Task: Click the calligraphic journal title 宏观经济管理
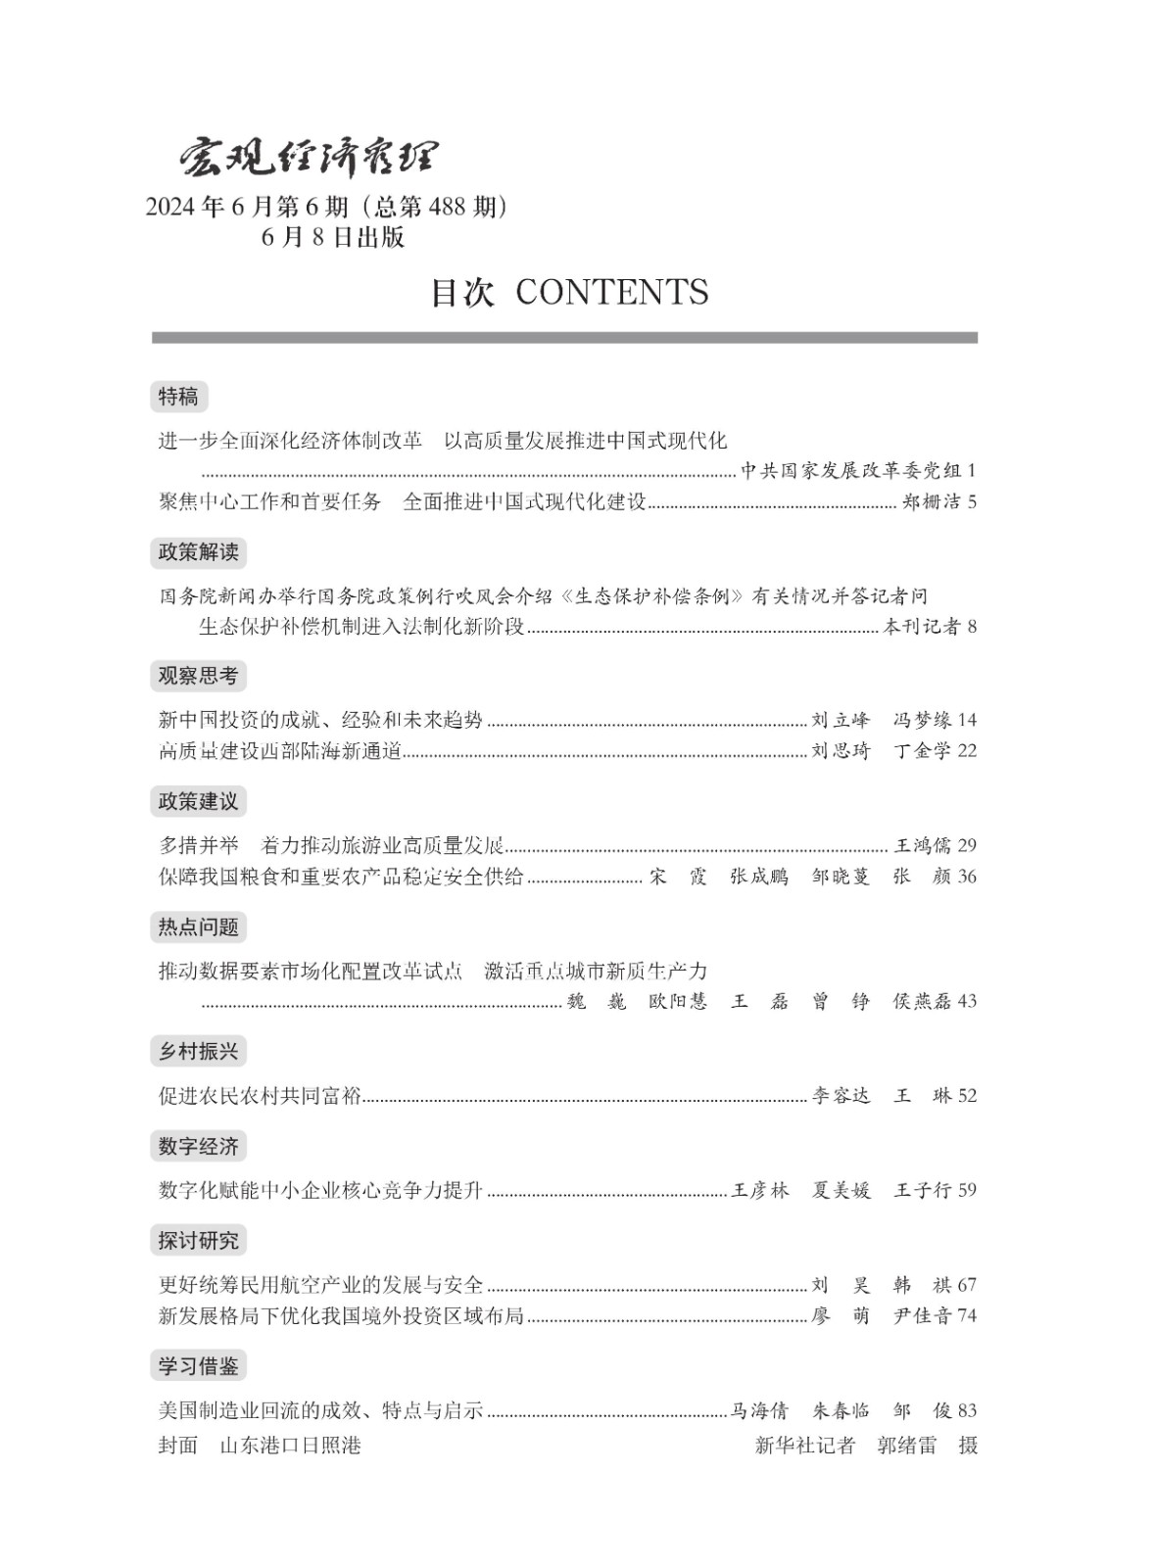(308, 157)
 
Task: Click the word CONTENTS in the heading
(611, 292)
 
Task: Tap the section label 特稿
(178, 397)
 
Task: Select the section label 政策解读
(198, 552)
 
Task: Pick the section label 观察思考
(198, 676)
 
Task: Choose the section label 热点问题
(198, 926)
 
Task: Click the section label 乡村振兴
(198, 1052)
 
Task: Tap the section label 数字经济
(198, 1146)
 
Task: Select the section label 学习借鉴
(198, 1365)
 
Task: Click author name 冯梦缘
(922, 720)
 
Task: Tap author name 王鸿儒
(923, 845)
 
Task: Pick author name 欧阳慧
(678, 1001)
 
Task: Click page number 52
(967, 1096)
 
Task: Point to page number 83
(967, 1410)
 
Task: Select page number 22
(967, 751)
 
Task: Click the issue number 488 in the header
(448, 207)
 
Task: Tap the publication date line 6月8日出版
(333, 237)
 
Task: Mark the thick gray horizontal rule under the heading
(564, 338)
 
